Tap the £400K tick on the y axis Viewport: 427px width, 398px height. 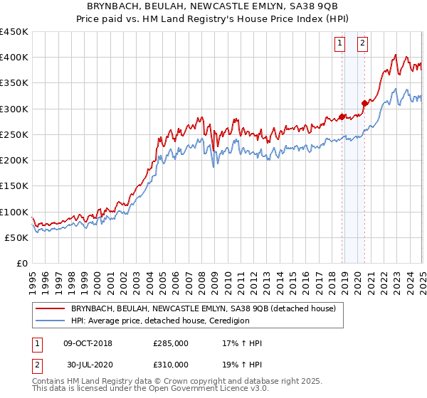click(x=14, y=58)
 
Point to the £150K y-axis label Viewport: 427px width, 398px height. click(x=14, y=186)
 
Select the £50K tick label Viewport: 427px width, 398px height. click(x=16, y=237)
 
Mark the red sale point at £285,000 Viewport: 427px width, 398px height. click(x=342, y=117)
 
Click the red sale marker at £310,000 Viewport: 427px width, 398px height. click(x=365, y=104)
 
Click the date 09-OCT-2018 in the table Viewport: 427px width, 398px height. click(x=88, y=343)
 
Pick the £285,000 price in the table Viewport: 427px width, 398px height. click(x=171, y=343)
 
